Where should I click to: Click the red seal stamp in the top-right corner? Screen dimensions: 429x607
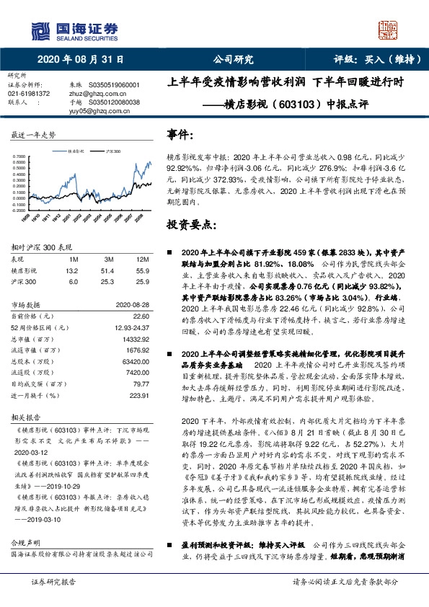pyautogui.click(x=391, y=30)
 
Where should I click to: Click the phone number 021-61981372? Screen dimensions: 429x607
pyautogui.click(x=29, y=94)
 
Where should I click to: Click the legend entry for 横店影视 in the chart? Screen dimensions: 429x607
pyautogui.click(x=73, y=152)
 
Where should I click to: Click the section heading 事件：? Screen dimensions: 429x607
pyautogui.click(x=180, y=135)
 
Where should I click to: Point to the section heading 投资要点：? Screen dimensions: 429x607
pyautogui.click(x=190, y=224)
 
